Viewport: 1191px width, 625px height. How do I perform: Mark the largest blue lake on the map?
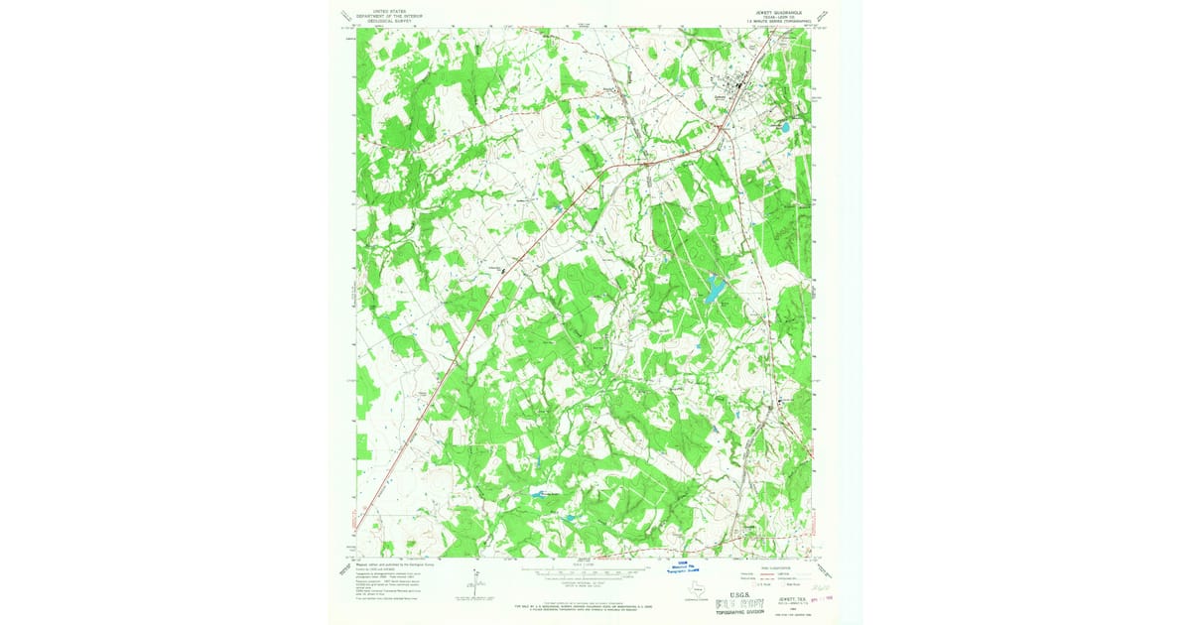click(x=714, y=291)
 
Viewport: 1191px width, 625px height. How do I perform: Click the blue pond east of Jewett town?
click(x=784, y=128)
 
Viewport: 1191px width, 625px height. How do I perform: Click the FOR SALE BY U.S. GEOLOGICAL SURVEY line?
click(x=586, y=604)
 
